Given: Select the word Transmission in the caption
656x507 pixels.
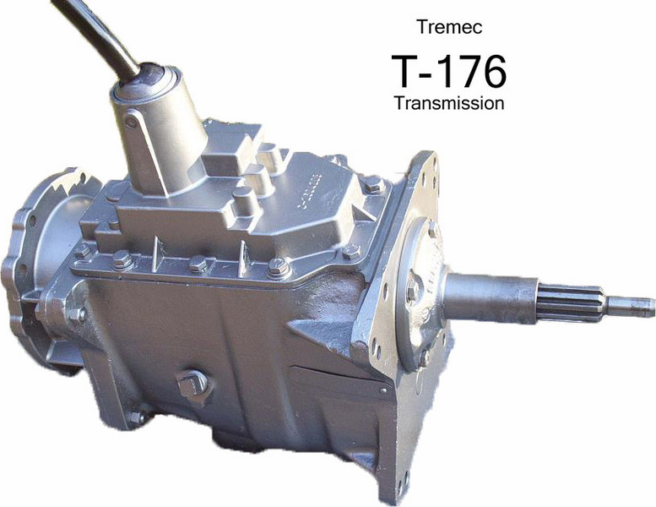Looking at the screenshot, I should pyautogui.click(x=448, y=103).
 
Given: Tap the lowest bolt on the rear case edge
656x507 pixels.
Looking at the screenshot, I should pyautogui.click(x=135, y=417).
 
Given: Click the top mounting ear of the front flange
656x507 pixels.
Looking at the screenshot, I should pyautogui.click(x=426, y=165).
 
